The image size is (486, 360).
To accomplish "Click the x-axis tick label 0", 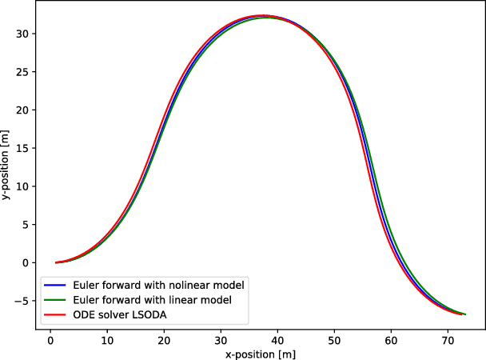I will click(x=50, y=339).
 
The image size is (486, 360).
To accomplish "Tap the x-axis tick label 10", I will click(x=107, y=339).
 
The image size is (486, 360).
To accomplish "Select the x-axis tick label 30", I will click(x=221, y=339).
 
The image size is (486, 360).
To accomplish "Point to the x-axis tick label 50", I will click(x=334, y=339).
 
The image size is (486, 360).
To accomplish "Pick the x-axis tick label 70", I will click(x=448, y=339).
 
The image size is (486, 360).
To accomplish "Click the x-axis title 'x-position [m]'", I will click(x=258, y=353).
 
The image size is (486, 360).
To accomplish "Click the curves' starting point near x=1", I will click(x=56, y=262).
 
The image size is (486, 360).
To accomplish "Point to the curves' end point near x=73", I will click(x=464, y=314).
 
